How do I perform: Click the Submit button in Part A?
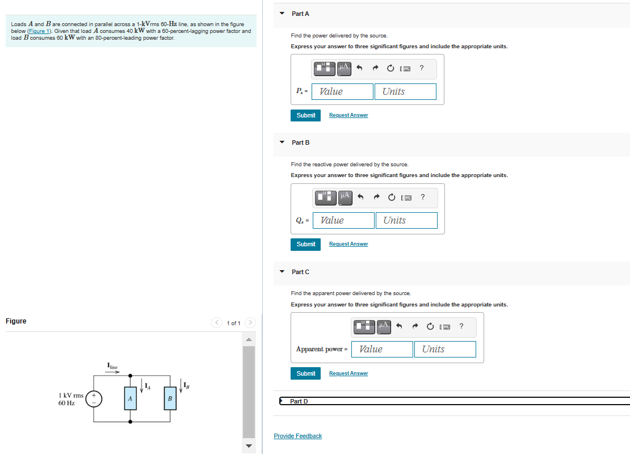(x=305, y=115)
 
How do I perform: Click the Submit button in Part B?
(x=305, y=244)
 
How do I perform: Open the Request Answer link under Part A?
(x=348, y=115)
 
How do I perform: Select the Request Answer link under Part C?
(x=348, y=373)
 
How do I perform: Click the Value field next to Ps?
(x=343, y=91)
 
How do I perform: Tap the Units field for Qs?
(x=406, y=220)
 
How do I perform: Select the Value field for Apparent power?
(x=382, y=349)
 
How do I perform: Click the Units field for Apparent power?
(x=444, y=349)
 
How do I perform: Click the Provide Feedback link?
(x=297, y=436)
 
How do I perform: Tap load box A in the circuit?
(x=130, y=399)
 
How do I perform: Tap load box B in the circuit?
(x=169, y=399)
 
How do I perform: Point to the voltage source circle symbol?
(x=94, y=399)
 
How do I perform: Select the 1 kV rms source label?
(x=71, y=395)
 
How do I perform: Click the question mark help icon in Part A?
(x=421, y=69)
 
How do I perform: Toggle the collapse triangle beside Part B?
(x=282, y=142)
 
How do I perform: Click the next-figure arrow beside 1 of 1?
(x=250, y=323)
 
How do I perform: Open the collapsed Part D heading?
(x=299, y=401)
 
